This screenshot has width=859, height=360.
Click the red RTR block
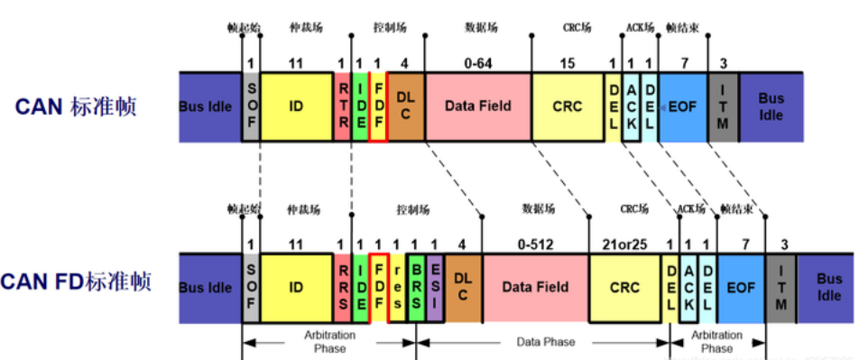(343, 106)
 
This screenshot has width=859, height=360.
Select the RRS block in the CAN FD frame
(343, 287)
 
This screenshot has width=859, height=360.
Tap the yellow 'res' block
(397, 287)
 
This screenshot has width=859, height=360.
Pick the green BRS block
(416, 287)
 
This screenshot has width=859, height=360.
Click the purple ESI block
(435, 287)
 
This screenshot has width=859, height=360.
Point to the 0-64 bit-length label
(478, 64)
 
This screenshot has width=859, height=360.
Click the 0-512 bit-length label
(535, 245)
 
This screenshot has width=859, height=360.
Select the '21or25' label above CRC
(624, 245)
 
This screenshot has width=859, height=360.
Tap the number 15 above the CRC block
(568, 64)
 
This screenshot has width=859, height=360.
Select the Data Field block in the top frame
(478, 106)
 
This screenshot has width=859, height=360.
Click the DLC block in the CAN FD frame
(463, 287)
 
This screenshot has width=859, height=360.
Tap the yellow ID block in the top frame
(296, 106)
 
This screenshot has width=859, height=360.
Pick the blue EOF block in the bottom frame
(742, 287)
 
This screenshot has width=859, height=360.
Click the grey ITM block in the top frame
(723, 106)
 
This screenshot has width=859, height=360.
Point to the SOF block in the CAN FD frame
(251, 287)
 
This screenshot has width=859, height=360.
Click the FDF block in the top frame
(379, 106)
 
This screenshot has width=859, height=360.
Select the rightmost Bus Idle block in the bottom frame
(829, 287)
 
